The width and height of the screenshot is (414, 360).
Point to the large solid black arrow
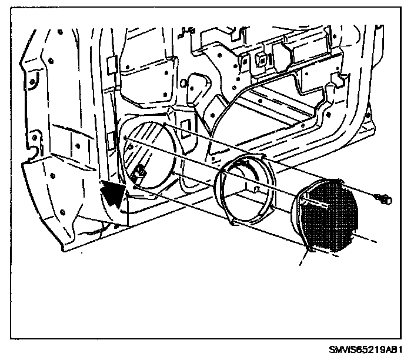pyautogui.click(x=115, y=195)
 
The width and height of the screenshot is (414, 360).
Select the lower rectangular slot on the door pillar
pyautogui.click(x=110, y=139)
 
